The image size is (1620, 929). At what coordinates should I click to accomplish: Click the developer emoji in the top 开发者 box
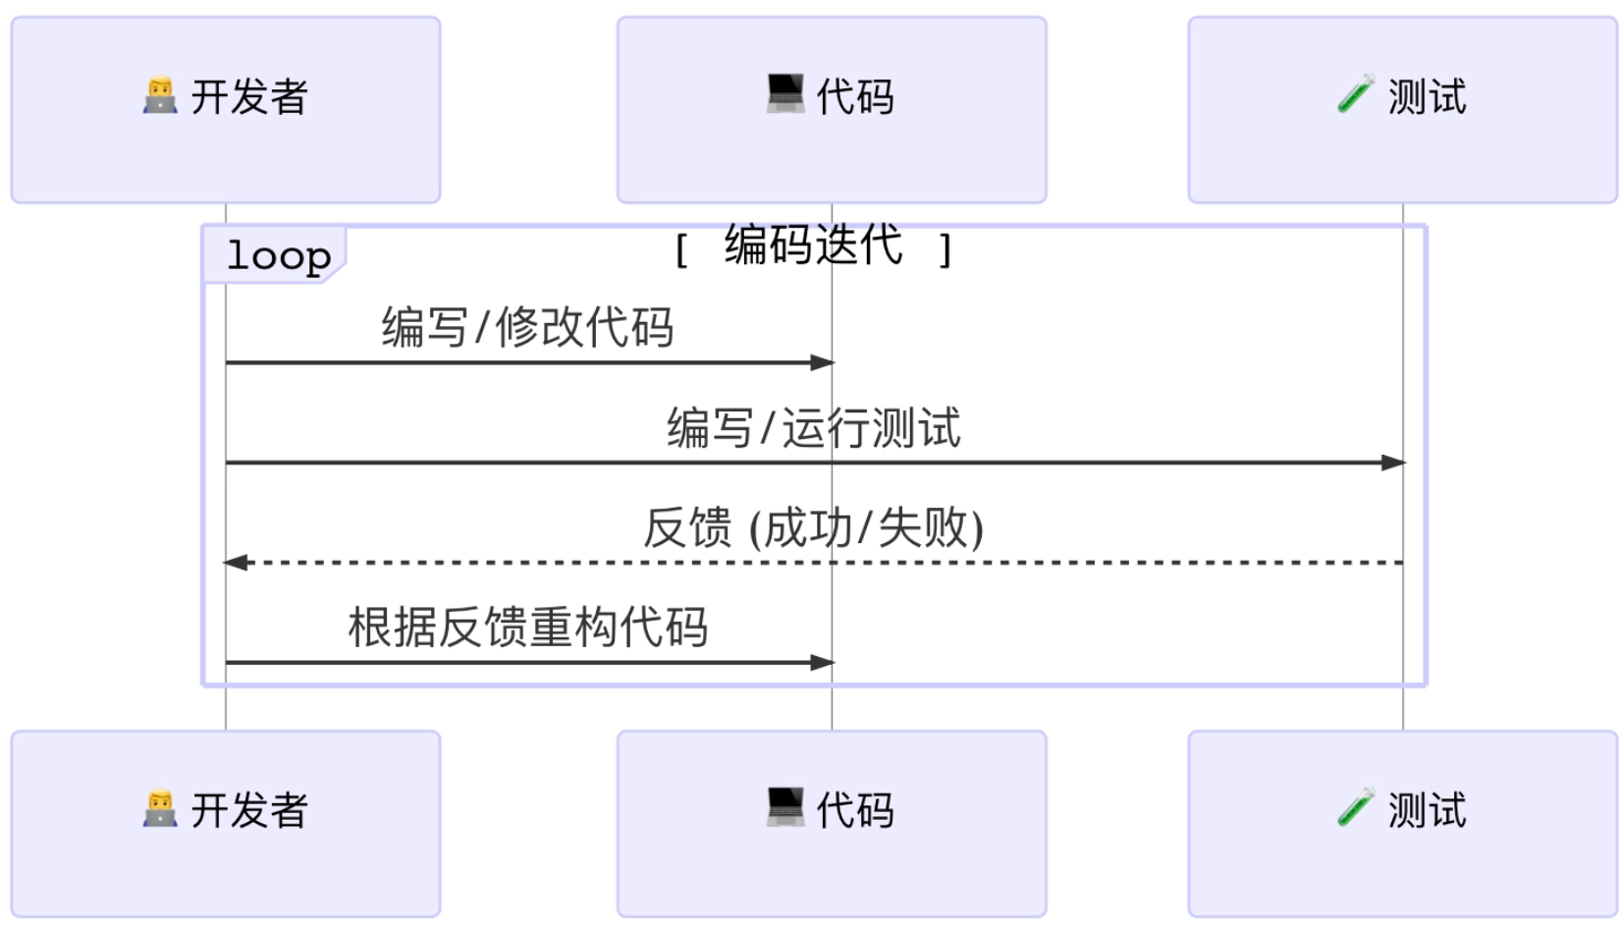click(x=160, y=95)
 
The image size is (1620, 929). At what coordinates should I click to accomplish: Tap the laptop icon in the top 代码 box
click(x=785, y=94)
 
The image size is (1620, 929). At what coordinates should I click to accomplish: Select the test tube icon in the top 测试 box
click(x=1356, y=95)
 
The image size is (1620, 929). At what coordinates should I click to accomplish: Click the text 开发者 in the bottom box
click(x=249, y=810)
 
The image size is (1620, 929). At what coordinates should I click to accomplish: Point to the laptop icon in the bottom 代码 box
click(x=785, y=807)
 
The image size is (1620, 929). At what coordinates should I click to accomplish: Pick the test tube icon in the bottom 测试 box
click(x=1356, y=808)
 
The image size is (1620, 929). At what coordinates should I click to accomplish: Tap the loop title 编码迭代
click(x=813, y=245)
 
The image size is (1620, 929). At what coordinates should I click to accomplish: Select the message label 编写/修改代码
click(x=527, y=327)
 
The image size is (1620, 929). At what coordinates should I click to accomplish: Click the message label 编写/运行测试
click(x=813, y=428)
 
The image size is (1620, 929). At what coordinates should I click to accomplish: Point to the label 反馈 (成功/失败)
click(x=813, y=528)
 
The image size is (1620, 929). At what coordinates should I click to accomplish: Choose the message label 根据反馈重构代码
click(x=527, y=628)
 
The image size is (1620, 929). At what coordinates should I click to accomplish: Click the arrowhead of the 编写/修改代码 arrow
click(x=823, y=363)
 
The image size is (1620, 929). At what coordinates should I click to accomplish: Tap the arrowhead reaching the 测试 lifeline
click(x=1393, y=463)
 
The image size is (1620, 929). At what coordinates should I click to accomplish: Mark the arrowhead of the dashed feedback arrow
click(x=236, y=563)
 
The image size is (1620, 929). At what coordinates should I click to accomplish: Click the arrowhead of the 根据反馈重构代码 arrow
click(x=823, y=663)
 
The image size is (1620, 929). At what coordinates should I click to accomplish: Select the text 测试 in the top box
click(x=1427, y=97)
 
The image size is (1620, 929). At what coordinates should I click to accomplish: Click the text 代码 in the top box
click(x=855, y=97)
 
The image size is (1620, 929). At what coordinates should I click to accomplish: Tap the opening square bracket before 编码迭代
click(x=681, y=250)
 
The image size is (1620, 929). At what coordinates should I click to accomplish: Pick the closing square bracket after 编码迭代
click(x=945, y=250)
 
